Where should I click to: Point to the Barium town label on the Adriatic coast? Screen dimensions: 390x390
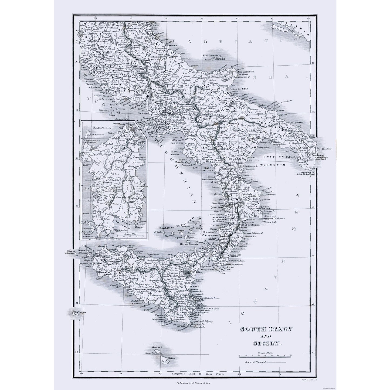pyautogui.click(x=262, y=105)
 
